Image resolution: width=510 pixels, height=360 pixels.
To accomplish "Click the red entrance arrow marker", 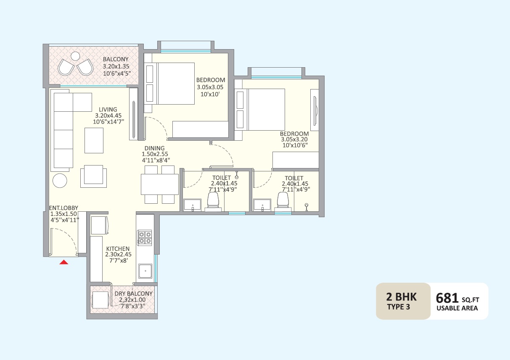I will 63,262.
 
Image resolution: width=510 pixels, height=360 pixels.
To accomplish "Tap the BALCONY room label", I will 116,60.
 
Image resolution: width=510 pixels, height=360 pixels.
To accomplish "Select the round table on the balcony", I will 75,56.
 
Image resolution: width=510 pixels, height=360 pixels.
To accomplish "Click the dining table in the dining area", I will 160,184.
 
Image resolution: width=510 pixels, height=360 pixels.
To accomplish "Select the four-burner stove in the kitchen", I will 145,238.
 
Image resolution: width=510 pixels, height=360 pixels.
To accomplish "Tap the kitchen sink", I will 145,271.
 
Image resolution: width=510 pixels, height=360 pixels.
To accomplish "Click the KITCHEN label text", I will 118,249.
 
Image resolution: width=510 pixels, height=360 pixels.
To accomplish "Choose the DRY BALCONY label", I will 134,294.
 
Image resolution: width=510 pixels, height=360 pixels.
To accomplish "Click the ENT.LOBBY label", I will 64,208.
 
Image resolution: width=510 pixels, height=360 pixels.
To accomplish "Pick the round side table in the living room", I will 60,181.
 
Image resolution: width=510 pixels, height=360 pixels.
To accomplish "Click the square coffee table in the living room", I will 94,140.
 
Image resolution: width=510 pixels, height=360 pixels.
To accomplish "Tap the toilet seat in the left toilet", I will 214,201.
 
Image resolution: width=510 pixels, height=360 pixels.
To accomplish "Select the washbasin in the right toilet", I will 263,205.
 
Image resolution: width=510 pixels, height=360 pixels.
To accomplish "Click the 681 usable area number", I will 447,298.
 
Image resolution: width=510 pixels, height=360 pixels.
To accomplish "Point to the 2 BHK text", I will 401,297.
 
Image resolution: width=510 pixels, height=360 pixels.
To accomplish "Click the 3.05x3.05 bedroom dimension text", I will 210,87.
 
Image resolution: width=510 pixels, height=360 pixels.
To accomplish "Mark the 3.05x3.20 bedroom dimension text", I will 294,140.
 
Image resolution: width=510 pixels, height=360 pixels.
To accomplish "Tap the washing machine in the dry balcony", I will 100,300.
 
